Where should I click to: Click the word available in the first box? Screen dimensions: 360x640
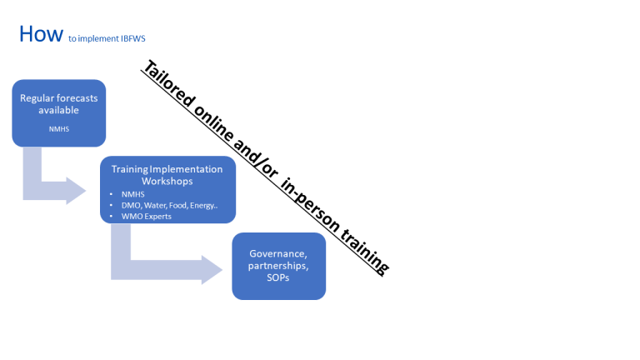[58, 110]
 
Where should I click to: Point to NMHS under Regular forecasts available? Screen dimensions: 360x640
[58, 130]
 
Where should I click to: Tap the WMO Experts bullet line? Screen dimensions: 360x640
[147, 217]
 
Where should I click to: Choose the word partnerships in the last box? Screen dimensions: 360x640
[277, 266]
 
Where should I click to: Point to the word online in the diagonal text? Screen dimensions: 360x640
[216, 129]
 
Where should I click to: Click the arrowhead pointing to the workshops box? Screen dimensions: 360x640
[77, 191]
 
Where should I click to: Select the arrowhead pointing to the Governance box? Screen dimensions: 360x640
[212, 268]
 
